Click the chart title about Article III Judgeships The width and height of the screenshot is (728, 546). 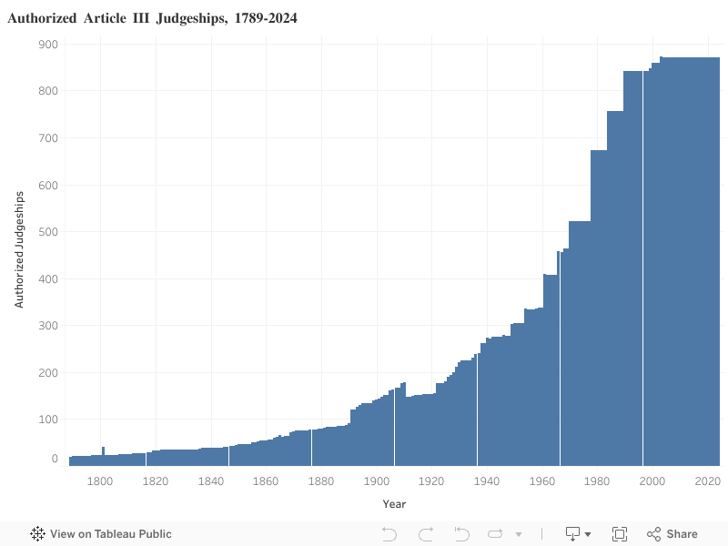pos(152,18)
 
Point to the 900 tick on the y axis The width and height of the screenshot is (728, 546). pos(48,45)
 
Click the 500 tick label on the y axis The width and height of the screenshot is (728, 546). pos(48,232)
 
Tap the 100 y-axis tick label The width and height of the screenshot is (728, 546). pos(48,420)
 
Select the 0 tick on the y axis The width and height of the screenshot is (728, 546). pos(55,459)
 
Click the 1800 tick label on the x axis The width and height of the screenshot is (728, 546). pos(100,481)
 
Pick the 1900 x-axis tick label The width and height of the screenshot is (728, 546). pos(376,481)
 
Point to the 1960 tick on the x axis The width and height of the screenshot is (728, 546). pos(541,481)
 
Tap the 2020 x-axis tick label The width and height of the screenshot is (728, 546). pos(707,481)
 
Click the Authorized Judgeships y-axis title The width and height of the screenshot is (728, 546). pos(19,249)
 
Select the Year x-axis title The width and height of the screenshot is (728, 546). pos(394,504)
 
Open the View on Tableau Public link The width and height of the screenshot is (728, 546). pos(111,534)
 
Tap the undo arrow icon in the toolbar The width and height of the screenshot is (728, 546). pos(389,534)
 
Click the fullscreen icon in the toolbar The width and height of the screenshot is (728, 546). pos(620,534)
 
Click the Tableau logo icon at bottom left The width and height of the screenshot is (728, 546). pos(38,534)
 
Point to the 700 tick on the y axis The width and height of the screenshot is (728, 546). pos(48,138)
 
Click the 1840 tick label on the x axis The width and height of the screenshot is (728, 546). pos(210,481)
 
